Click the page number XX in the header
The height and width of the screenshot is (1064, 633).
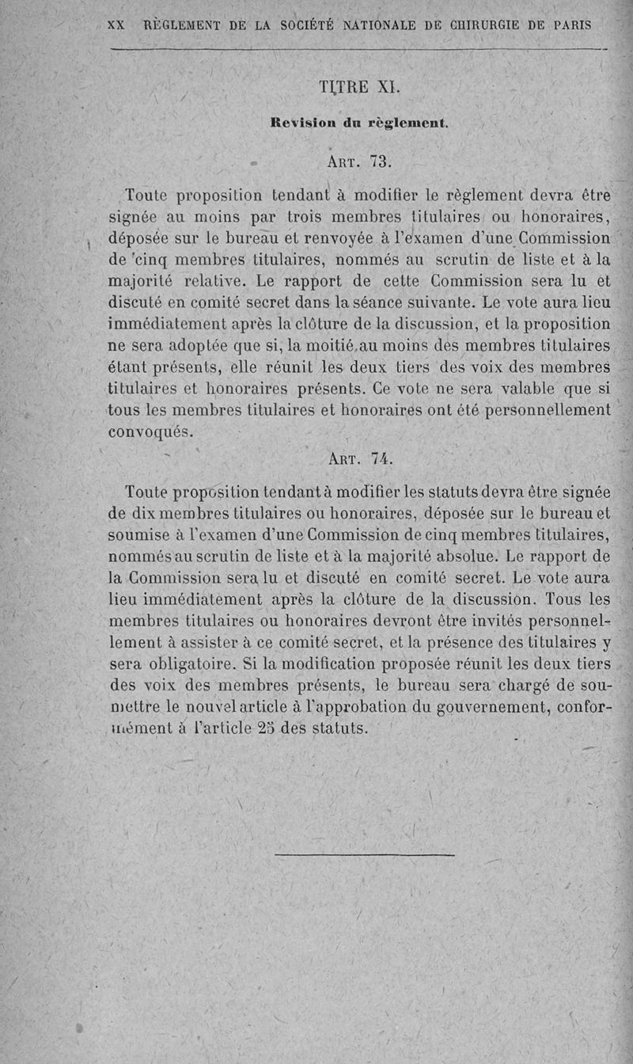116,25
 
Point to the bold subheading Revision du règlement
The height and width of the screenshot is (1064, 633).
359,123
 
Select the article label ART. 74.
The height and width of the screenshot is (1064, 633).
359,459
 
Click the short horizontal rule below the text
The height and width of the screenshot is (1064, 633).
365,855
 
